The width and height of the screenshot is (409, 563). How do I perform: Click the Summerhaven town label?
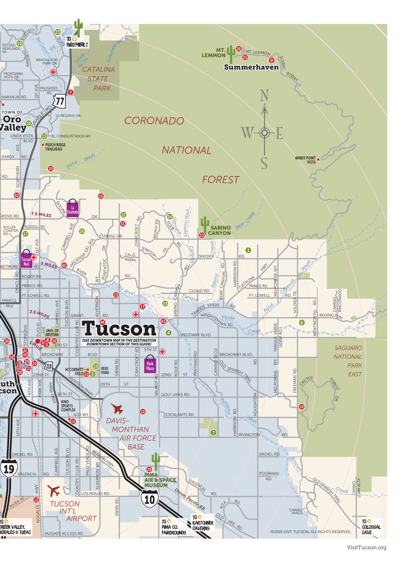[251, 67]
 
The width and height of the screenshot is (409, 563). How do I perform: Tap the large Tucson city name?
[119, 329]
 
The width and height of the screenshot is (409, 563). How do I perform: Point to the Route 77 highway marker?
[59, 99]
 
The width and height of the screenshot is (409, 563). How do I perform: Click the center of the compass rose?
[264, 133]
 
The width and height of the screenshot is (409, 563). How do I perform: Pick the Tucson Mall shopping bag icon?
[26, 260]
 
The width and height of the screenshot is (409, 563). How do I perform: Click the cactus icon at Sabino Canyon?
[204, 225]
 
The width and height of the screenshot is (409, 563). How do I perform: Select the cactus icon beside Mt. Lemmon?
[231, 55]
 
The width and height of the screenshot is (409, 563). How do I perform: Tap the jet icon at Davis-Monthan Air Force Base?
[118, 408]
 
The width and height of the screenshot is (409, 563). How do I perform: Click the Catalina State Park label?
[102, 79]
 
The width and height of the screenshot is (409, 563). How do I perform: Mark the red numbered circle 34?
[301, 407]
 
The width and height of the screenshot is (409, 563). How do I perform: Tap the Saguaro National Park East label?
[348, 361]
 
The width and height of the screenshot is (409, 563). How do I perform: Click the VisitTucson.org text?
[366, 547]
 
